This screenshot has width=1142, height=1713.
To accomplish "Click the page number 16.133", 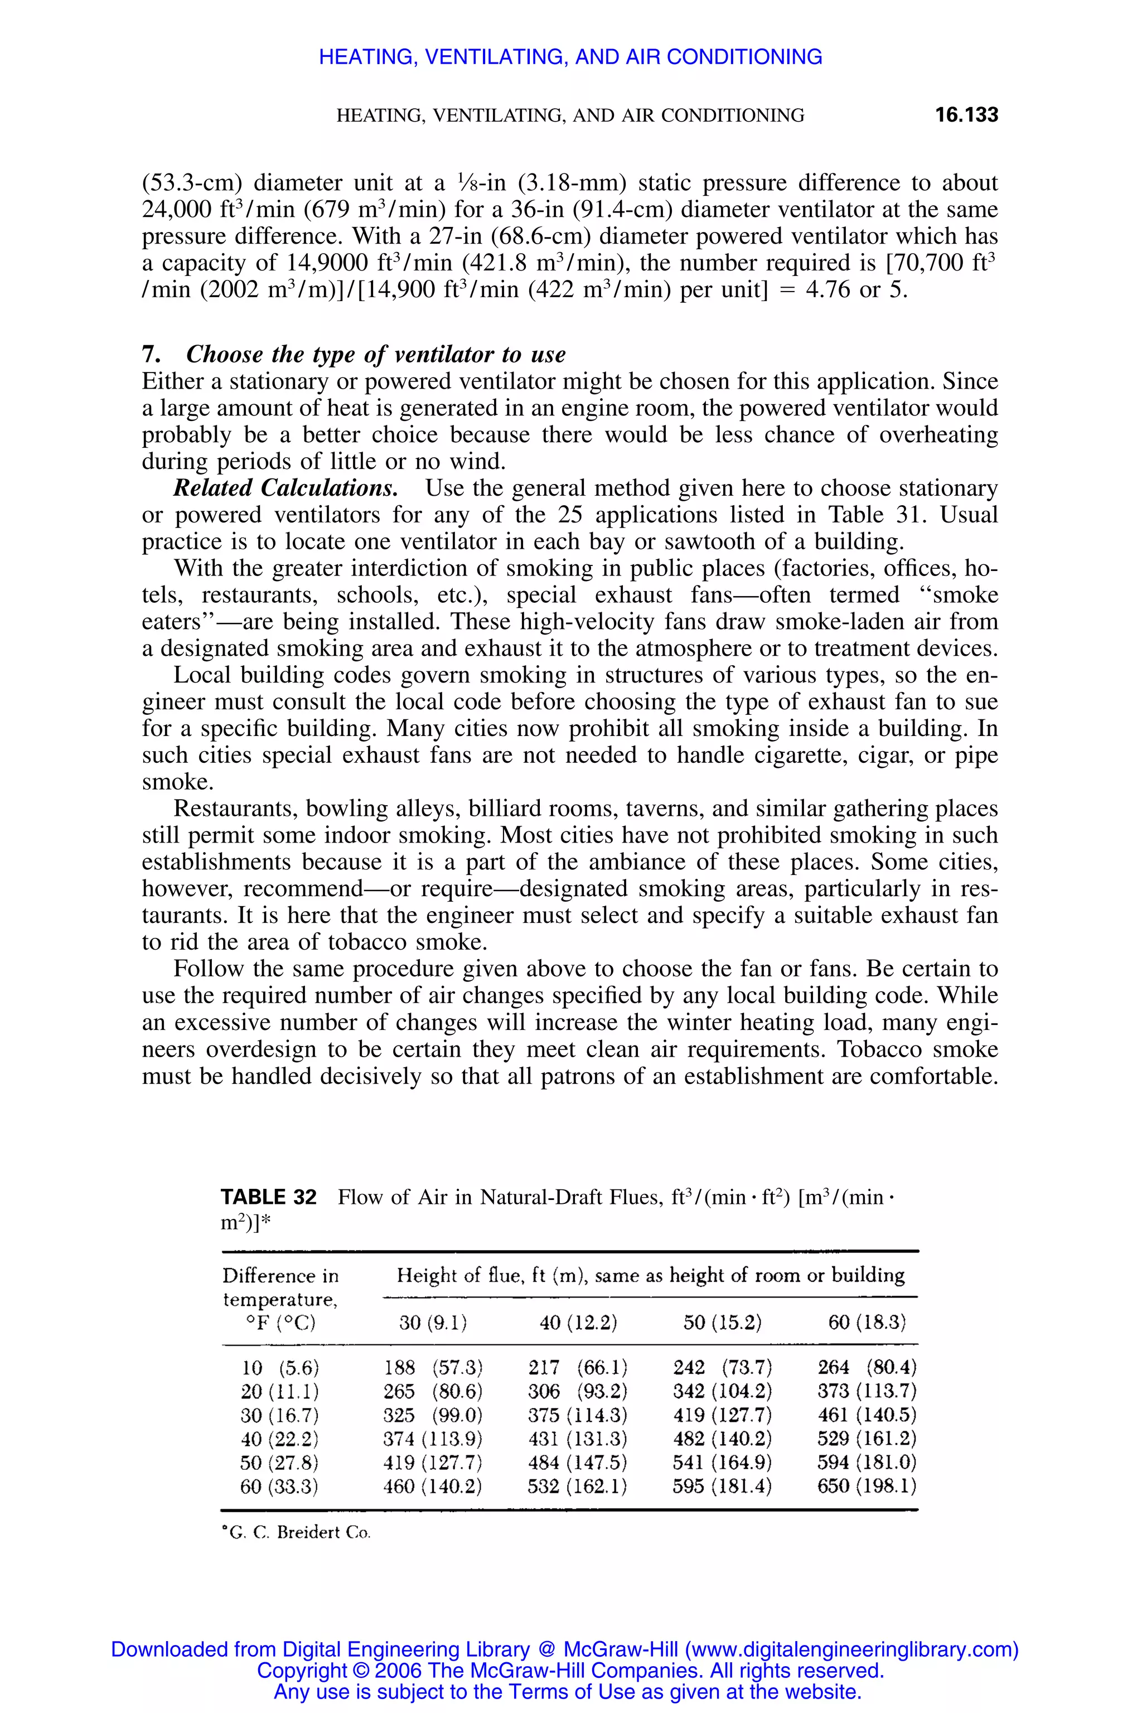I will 966,115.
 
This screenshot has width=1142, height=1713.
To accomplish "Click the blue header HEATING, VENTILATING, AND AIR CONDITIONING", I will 570,57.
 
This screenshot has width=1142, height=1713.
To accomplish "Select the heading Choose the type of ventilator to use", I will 375,354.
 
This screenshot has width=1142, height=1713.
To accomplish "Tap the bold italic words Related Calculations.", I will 285,488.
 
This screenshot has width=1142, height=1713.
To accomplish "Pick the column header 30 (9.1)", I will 433,1322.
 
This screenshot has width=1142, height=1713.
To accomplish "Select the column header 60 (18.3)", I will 867,1322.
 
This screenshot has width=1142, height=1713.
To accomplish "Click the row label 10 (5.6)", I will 280,1367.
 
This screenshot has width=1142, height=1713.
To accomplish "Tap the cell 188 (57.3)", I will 433,1367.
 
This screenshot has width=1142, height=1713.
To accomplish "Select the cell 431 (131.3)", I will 578,1439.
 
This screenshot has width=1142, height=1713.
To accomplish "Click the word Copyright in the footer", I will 302,1671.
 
